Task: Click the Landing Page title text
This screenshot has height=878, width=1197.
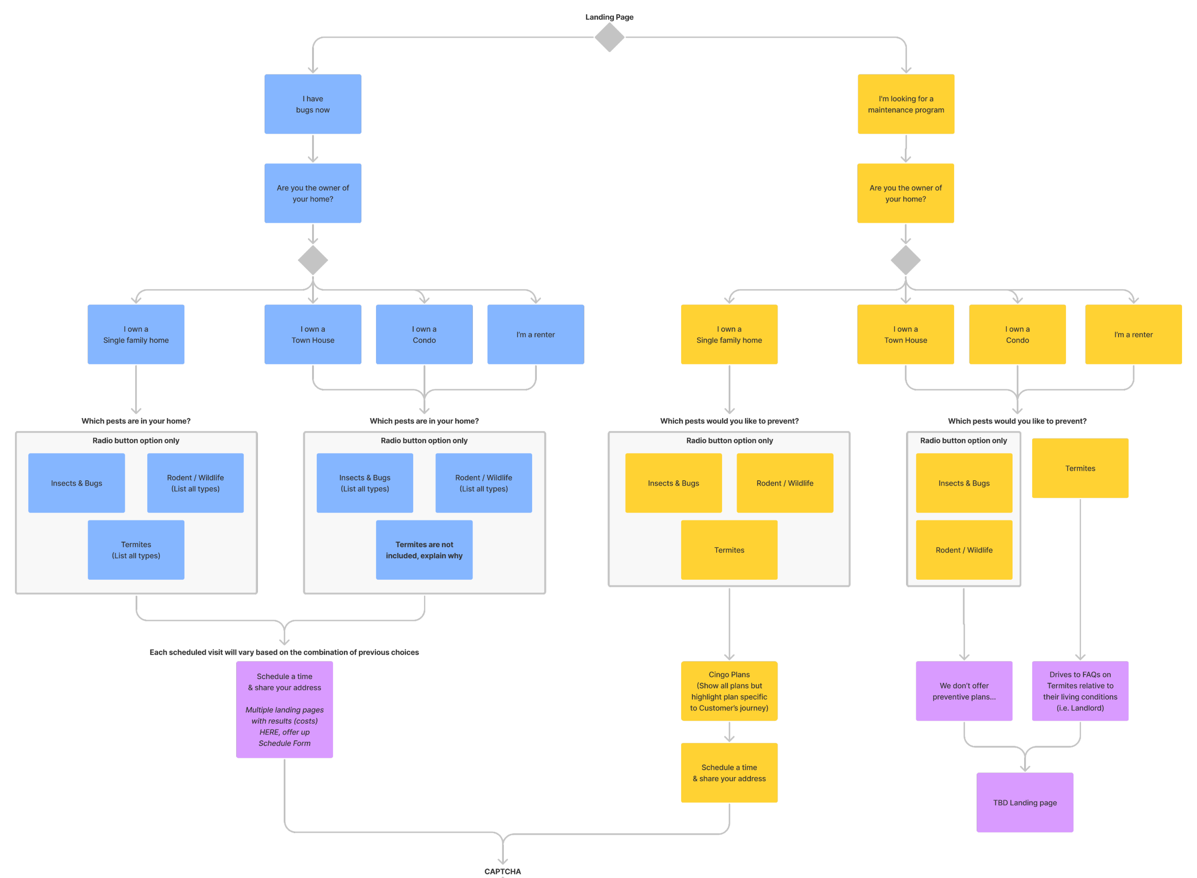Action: click(609, 17)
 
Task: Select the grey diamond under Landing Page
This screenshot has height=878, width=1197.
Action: click(609, 37)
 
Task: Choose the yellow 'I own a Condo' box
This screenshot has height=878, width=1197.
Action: click(1017, 334)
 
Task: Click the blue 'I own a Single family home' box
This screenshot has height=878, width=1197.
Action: click(136, 334)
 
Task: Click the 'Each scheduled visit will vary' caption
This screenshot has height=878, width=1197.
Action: click(284, 652)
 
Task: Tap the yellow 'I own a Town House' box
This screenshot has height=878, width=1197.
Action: click(905, 334)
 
